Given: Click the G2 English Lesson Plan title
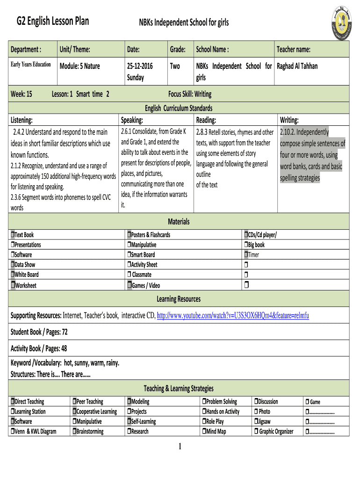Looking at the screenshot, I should click(x=53, y=21).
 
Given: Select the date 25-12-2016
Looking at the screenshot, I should click(x=140, y=66).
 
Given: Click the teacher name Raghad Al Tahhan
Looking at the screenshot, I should click(x=297, y=66).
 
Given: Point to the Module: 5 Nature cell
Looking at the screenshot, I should click(x=79, y=66).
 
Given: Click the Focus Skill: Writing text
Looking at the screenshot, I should click(x=189, y=94).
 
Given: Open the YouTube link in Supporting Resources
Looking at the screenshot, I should click(x=233, y=316).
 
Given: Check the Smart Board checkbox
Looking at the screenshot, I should click(x=129, y=255).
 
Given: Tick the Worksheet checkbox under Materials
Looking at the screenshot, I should click(x=13, y=285).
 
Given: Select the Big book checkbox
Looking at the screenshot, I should click(x=246, y=245).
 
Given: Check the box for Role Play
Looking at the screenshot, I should click(x=204, y=421).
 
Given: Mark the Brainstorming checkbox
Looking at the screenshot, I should click(x=74, y=431).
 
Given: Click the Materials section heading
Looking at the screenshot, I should click(x=179, y=221).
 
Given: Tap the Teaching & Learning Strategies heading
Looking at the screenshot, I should click(x=179, y=388).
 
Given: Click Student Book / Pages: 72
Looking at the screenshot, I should click(x=39, y=332).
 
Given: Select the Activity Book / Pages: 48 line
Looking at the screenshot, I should click(x=39, y=348).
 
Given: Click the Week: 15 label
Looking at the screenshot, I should click(x=22, y=94).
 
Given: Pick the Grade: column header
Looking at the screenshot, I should click(x=178, y=50).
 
